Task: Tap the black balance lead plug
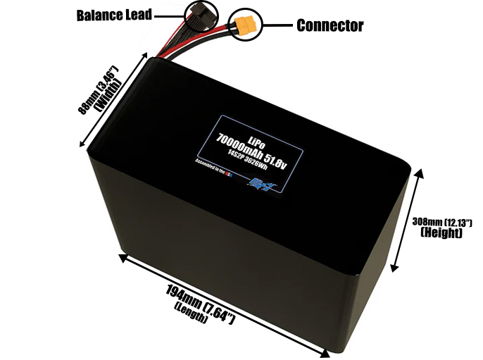tap(201, 16)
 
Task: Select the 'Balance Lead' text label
tap(114, 15)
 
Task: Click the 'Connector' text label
tap(330, 26)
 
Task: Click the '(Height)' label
tap(440, 233)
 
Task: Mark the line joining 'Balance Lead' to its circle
tap(168, 14)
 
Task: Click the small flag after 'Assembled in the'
tap(229, 173)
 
